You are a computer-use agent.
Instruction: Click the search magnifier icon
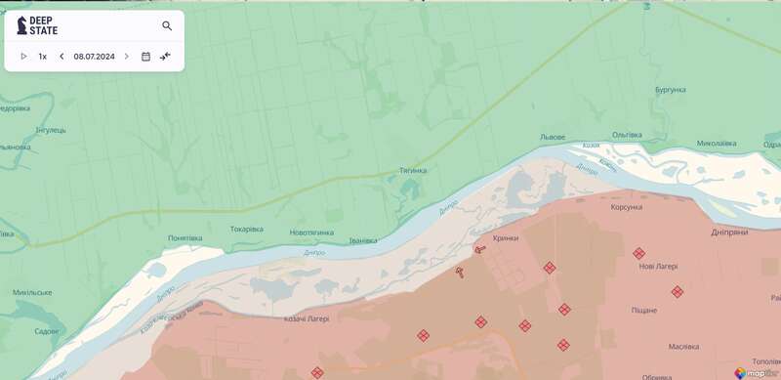click(167, 26)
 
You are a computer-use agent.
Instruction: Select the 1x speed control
click(43, 57)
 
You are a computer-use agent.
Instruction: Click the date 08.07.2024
click(94, 57)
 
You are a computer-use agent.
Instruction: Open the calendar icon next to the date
click(145, 57)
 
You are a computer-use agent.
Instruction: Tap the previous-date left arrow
click(62, 57)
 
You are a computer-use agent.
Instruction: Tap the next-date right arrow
click(126, 57)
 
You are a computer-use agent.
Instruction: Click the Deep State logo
click(38, 26)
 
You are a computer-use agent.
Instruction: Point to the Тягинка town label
click(413, 170)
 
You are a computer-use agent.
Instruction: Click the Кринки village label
click(506, 237)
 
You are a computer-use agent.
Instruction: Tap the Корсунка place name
click(627, 207)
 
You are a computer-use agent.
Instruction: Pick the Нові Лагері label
click(658, 266)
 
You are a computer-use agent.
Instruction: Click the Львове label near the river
click(553, 137)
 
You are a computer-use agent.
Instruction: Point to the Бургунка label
click(672, 90)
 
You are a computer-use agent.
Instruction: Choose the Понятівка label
click(185, 237)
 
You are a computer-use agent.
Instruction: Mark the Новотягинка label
click(311, 232)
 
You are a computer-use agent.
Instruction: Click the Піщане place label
click(643, 311)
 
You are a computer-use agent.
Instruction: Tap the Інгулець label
click(51, 130)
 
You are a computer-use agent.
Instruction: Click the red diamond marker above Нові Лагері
click(638, 253)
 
